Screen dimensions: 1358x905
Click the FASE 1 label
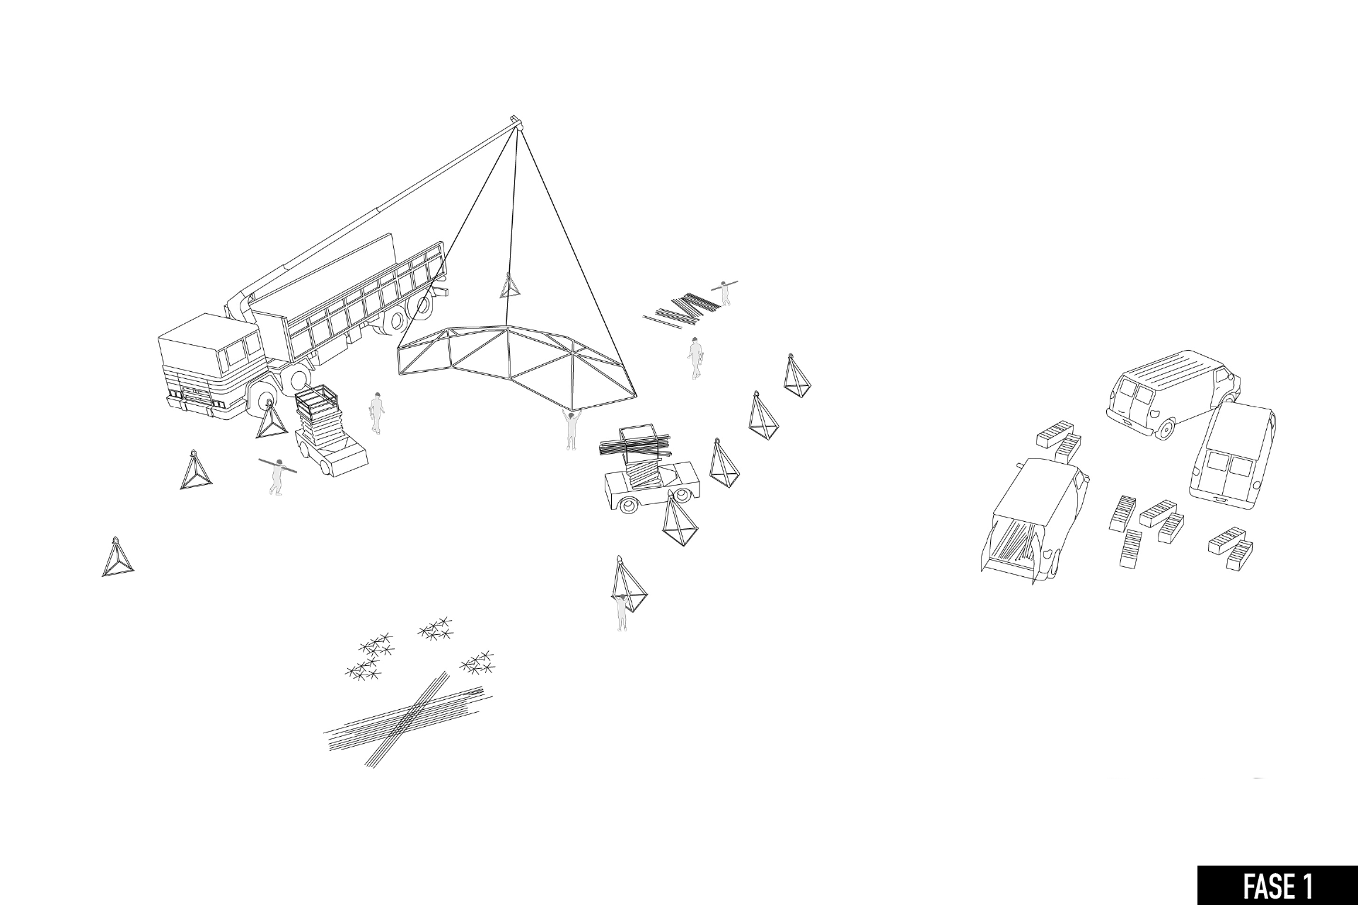point(1277,886)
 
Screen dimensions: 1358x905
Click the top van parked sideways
point(1171,392)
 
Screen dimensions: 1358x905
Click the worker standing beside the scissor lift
point(376,413)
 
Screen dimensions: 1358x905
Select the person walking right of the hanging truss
point(695,358)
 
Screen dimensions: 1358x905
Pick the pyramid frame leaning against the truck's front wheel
point(270,421)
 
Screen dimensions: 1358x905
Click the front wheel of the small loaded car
point(627,505)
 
